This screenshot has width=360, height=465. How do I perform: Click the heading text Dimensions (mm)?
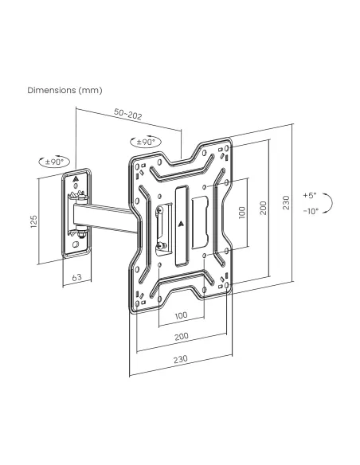tap(65, 90)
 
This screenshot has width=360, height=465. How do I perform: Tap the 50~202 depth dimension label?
tap(128, 114)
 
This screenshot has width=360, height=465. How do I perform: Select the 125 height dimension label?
tap(33, 221)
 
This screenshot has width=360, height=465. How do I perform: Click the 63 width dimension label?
tap(76, 278)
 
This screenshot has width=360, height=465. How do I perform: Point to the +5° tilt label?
tap(310, 195)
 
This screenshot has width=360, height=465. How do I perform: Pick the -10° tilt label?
tap(311, 211)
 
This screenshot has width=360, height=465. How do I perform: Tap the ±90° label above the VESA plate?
tap(146, 142)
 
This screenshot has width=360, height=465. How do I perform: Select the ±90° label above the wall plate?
tap(55, 162)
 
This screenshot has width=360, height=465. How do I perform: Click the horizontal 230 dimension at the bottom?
tap(180, 359)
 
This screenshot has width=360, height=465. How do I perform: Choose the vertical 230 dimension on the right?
tap(286, 203)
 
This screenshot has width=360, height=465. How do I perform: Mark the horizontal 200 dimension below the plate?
tap(181, 336)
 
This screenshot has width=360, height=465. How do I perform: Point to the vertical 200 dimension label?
tap(264, 208)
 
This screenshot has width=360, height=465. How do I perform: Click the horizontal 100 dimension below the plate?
tap(181, 315)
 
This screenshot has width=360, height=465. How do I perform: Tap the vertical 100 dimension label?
tap(242, 213)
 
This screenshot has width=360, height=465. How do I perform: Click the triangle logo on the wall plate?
tap(76, 179)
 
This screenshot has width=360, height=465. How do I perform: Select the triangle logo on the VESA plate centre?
tap(180, 225)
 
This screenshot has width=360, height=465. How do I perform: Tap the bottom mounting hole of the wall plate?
tap(76, 245)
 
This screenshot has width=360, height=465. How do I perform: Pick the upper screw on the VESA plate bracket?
tap(159, 210)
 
